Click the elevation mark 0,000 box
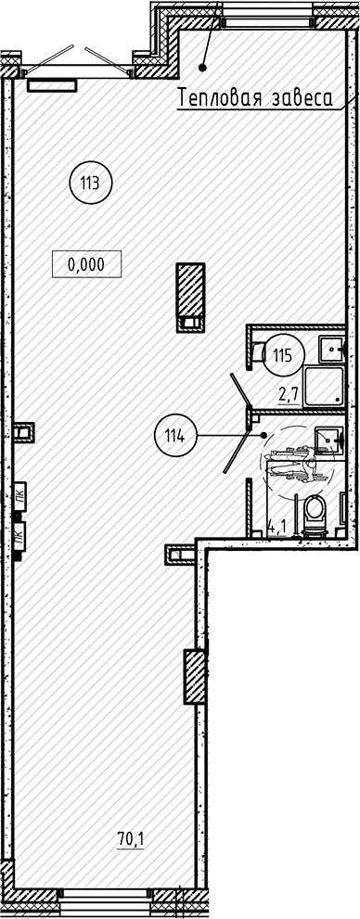point(87,264)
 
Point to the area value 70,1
point(130,841)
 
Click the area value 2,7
point(289,394)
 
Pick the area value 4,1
point(276,525)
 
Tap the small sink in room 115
point(332,350)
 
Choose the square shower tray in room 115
point(324,387)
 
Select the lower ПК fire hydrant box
point(19,534)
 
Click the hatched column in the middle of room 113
point(190,297)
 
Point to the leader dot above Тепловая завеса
point(203,68)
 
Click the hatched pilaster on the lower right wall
point(195,676)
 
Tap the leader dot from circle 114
point(264,436)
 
